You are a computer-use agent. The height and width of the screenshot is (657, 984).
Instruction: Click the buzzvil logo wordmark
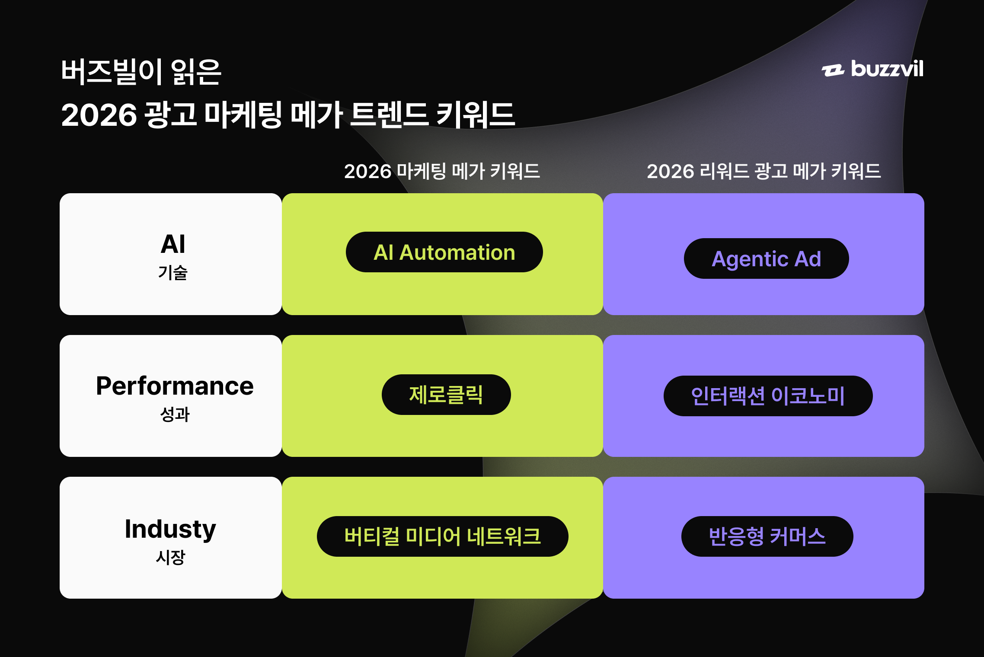coord(887,69)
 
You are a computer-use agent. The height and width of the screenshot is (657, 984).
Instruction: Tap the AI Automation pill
coord(444,252)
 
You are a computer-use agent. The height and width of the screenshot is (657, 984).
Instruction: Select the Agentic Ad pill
coord(766,258)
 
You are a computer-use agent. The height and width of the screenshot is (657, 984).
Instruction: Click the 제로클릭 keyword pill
coord(446,395)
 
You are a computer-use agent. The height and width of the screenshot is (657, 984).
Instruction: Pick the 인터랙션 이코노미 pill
coord(768,396)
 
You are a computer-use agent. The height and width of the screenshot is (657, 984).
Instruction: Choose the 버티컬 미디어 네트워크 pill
coord(442,536)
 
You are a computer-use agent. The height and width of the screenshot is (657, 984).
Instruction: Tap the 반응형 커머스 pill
coord(767,536)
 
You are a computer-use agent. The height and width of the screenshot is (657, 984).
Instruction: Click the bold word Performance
coord(175,386)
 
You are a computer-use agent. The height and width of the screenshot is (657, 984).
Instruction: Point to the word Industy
coord(170,529)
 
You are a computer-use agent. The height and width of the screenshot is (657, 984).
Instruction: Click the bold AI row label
coord(173,244)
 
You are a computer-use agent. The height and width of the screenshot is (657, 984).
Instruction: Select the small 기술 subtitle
coord(173,273)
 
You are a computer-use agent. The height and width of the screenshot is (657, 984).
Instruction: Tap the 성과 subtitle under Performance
coord(175,415)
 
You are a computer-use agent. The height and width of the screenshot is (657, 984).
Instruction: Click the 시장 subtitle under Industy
coord(170,557)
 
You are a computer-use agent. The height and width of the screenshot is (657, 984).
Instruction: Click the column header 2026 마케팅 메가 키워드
coord(442,171)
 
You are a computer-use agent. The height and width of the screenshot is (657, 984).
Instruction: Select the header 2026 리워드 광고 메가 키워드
coord(764,171)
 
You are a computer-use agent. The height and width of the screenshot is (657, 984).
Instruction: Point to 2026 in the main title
coord(99,115)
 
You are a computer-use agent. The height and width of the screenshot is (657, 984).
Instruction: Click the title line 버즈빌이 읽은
coord(141,72)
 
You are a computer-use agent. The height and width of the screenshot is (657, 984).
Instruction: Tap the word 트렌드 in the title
coord(389,115)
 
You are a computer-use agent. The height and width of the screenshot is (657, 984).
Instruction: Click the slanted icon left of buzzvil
coord(833,70)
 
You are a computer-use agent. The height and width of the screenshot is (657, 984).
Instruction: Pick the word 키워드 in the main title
coord(476,115)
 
